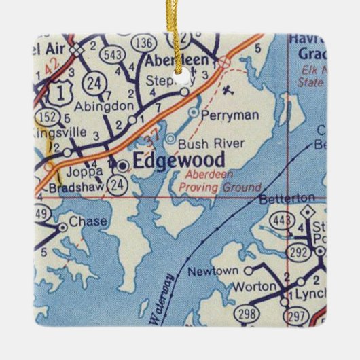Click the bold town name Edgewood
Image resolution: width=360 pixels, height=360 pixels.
pos(169,162)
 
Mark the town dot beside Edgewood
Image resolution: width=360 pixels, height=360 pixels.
pos(122,164)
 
